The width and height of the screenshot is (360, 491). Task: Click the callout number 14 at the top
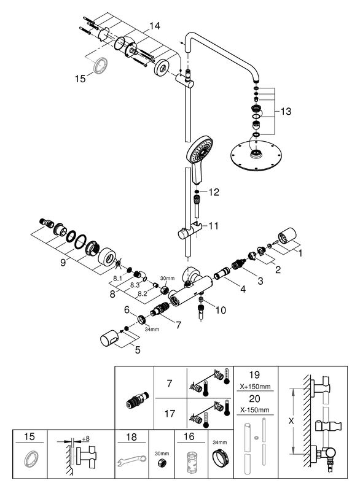point(154,26)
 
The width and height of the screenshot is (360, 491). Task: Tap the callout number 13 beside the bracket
point(286,111)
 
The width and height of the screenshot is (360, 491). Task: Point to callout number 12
point(214,192)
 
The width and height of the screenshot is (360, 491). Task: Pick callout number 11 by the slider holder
point(213,226)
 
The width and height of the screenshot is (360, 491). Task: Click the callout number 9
point(63,263)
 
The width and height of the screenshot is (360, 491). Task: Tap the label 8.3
point(135,285)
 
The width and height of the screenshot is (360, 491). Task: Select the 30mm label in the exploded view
point(167,278)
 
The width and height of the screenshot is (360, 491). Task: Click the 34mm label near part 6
point(152,329)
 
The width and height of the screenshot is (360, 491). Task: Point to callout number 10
point(221,310)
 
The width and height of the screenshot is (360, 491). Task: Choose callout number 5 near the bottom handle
point(138,349)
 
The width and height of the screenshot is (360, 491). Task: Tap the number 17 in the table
point(170,414)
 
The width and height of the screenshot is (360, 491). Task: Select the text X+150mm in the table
point(255,387)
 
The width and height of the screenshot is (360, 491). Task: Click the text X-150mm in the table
point(255,410)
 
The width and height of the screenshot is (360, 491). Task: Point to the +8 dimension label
point(85,439)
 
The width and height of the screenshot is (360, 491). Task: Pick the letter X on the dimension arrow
point(291,421)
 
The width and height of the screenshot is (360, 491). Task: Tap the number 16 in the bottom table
point(189,436)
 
